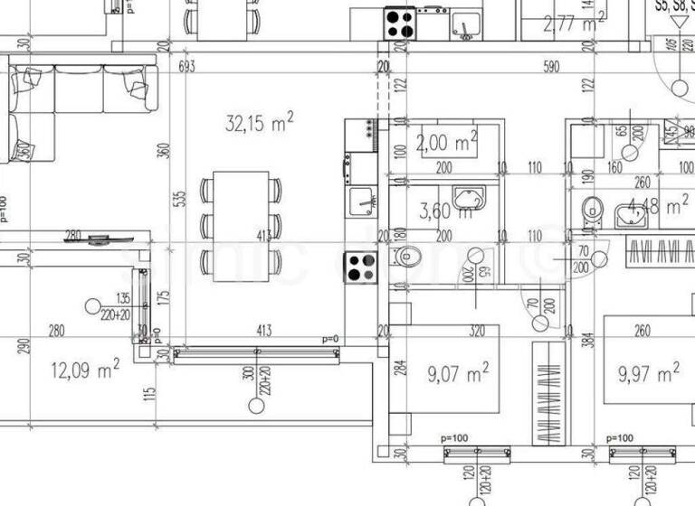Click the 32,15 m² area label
(x=259, y=124)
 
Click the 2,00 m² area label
(x=446, y=142)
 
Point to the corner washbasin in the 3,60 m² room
(x=471, y=199)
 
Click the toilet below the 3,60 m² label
(x=409, y=258)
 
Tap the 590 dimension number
(x=551, y=67)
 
